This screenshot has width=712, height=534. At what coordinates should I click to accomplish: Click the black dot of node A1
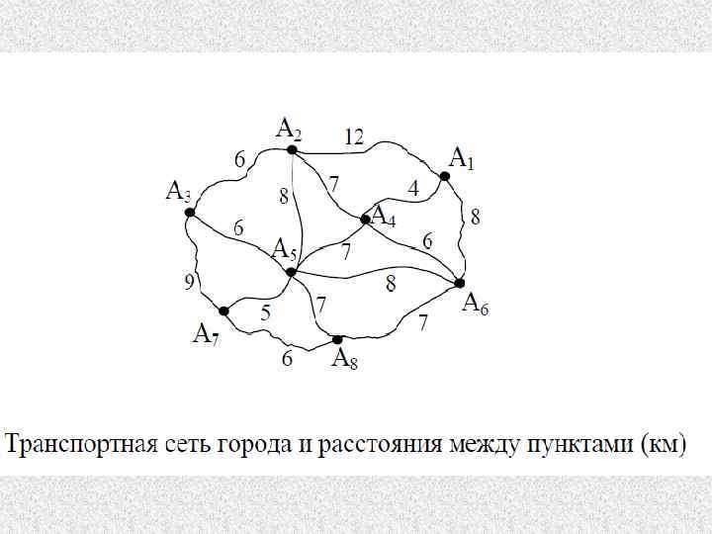click(445, 176)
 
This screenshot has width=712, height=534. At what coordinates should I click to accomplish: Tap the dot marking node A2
click(292, 150)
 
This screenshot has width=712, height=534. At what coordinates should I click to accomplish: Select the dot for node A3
click(190, 212)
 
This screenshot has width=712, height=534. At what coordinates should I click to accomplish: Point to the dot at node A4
click(366, 220)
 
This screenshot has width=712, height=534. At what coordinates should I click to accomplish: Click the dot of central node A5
click(291, 271)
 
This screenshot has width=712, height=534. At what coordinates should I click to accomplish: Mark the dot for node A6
click(460, 283)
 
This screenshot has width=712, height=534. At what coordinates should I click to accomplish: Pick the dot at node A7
click(224, 311)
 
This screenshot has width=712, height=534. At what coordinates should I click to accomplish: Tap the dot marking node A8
click(337, 339)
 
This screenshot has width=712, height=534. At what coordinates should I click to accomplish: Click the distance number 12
click(354, 136)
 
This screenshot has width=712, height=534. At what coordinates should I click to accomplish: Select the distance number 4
click(413, 187)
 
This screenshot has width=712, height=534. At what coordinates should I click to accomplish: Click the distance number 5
click(266, 312)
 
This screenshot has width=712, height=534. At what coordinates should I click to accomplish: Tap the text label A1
click(462, 158)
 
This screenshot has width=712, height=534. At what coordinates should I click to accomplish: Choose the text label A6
click(476, 304)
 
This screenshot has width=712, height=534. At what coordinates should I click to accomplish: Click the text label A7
click(206, 334)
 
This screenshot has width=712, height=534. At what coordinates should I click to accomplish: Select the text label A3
click(179, 192)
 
